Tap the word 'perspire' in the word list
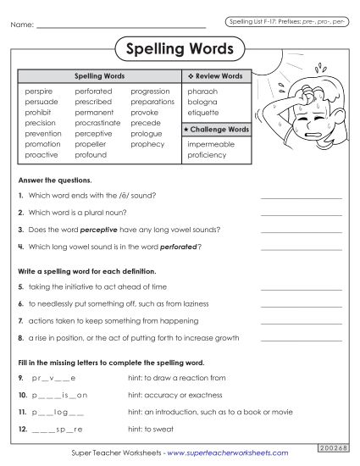[x=39, y=90]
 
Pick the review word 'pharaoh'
[x=202, y=90]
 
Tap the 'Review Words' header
[x=219, y=76]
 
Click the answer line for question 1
[x=302, y=197]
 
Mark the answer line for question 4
[x=302, y=248]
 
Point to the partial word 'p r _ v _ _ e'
[x=53, y=378]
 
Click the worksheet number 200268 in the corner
[x=334, y=446]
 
